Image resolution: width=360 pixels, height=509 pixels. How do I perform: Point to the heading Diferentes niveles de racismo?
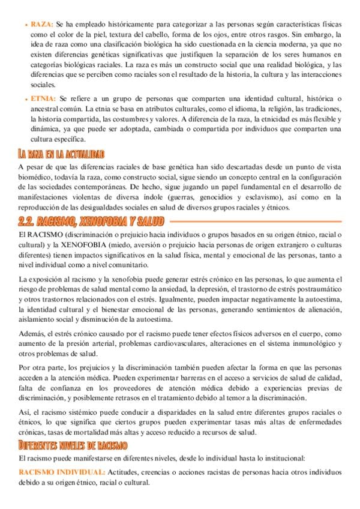(73, 445)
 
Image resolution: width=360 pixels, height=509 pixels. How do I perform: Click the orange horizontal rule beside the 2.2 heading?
(253, 222)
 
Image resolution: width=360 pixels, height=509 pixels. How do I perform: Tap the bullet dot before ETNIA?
(26, 98)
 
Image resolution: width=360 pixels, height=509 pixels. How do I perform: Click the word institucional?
(279, 459)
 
